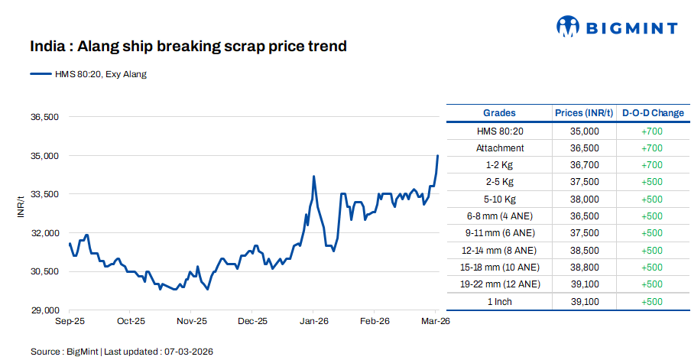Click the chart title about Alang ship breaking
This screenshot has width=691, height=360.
[188, 47]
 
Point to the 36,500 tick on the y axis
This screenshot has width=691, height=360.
[44, 117]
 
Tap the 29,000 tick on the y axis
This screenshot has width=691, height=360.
[44, 310]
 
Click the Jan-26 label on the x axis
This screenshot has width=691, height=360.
[313, 323]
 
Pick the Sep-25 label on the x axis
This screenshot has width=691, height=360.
[70, 323]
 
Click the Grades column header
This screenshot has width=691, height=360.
[499, 113]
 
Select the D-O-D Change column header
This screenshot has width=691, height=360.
[653, 113]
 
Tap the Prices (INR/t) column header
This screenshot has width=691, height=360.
[584, 113]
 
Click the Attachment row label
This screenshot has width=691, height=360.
[500, 148]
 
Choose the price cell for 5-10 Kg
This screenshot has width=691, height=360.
[584, 199]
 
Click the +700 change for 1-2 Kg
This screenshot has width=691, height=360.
[653, 165]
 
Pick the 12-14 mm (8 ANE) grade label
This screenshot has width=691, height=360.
[500, 250]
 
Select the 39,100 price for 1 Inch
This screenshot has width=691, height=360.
[584, 301]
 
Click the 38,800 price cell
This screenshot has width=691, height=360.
[584, 268]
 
